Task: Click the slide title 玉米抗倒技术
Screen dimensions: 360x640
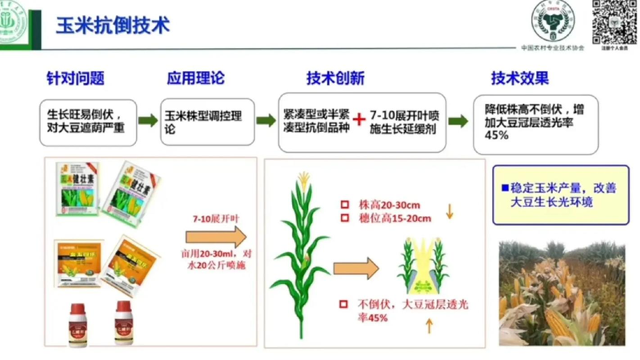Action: coord(113,24)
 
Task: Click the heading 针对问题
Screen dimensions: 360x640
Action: coord(75,78)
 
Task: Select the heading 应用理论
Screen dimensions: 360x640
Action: coord(195,78)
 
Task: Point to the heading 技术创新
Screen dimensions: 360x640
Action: coord(335,78)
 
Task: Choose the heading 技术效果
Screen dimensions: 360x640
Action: coord(520,78)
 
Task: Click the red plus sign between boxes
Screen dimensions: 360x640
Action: coord(358,120)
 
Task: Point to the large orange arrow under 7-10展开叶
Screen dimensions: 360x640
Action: coord(217,237)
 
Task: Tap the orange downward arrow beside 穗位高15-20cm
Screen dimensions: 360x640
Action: coord(449,212)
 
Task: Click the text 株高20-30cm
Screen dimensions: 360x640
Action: coord(390,204)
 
